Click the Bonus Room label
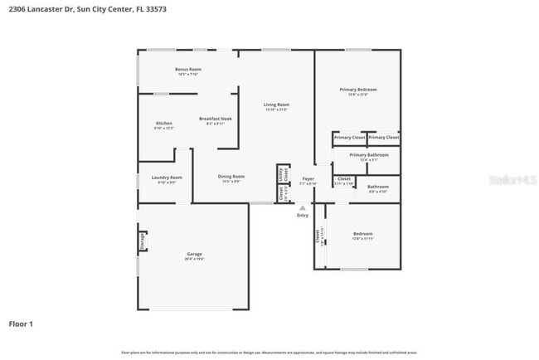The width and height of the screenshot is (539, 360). (x=187, y=69)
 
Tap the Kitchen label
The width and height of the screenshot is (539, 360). (x=163, y=124)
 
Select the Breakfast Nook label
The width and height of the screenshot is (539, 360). (x=215, y=119)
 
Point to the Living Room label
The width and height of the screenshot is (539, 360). (x=275, y=105)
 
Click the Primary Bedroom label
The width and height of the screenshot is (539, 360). (x=357, y=89)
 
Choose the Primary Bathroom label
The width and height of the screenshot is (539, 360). (x=368, y=155)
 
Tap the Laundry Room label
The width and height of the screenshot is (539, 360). (x=166, y=177)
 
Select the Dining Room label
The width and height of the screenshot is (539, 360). (x=231, y=177)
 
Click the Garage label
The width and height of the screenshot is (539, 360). (x=194, y=254)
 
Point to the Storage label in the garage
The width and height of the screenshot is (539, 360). (x=143, y=241)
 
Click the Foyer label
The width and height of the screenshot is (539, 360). (x=308, y=179)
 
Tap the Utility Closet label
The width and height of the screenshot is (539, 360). (x=281, y=174)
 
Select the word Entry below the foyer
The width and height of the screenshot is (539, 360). (x=303, y=216)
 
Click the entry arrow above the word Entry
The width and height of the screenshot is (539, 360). (x=303, y=207)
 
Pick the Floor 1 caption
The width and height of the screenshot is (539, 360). (x=21, y=324)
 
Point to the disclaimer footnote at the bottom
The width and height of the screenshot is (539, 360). (x=269, y=353)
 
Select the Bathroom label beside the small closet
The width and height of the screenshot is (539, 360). (x=378, y=187)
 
